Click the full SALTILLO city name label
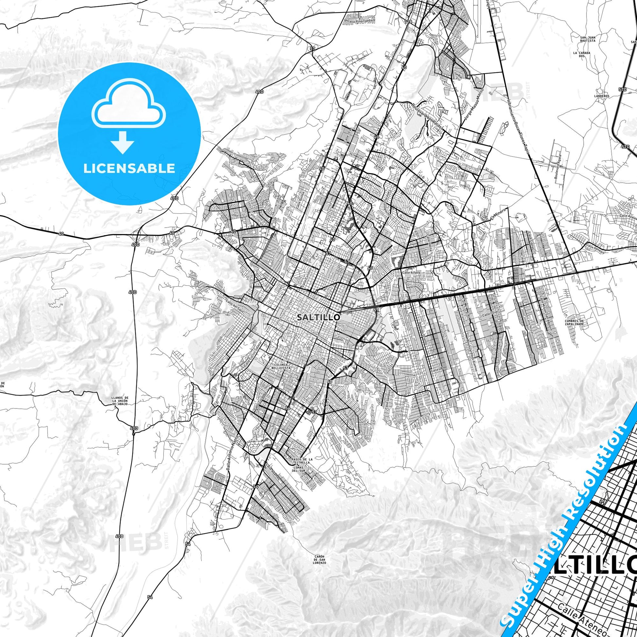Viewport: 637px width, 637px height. tap(318, 317)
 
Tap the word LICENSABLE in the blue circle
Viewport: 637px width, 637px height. tap(129, 168)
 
